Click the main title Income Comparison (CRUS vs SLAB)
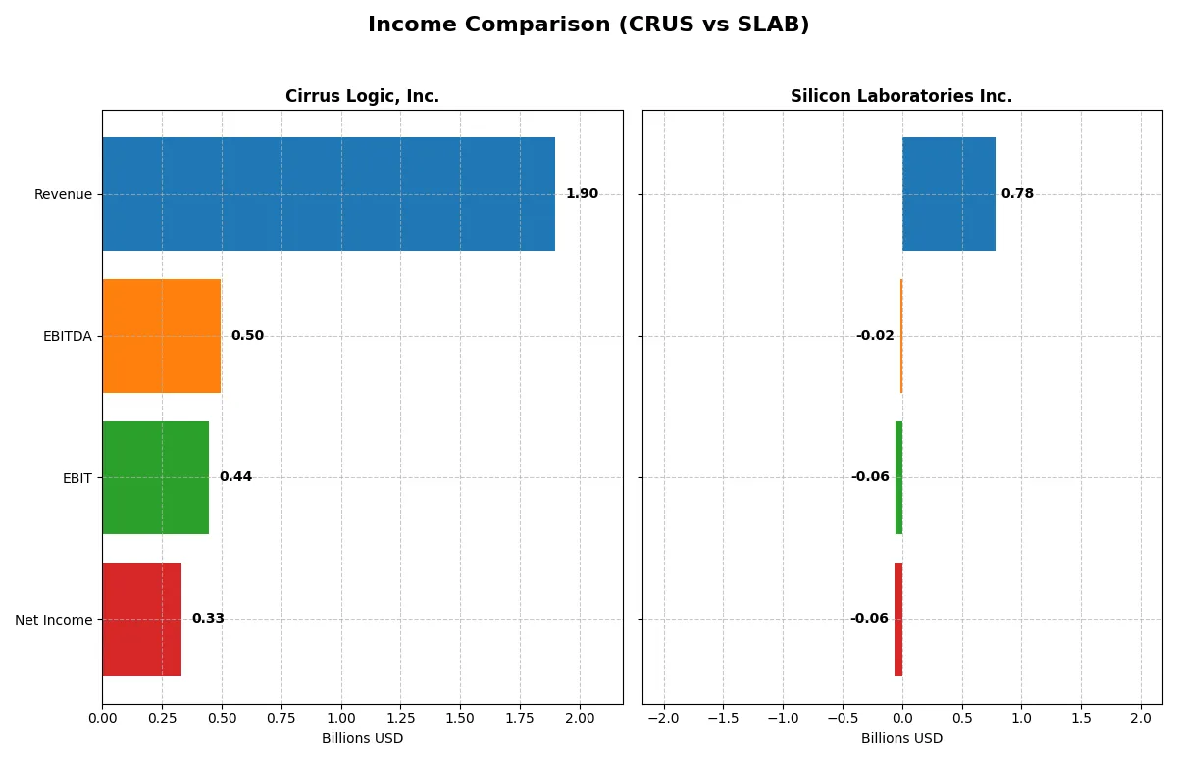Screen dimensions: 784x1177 [588, 25]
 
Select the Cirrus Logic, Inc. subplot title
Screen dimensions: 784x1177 [362, 96]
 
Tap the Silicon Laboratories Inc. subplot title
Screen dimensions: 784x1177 [901, 96]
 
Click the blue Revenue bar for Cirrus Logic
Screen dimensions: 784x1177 [329, 194]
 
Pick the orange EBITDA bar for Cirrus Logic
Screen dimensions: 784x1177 [161, 336]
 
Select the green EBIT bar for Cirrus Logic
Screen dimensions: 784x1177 [155, 477]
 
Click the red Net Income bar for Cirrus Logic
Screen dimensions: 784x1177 [141, 619]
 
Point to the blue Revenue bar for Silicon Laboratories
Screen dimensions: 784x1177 [948, 194]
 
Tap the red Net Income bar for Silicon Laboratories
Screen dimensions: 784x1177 [898, 619]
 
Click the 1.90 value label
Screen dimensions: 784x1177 [582, 194]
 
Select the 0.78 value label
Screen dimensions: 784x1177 [1017, 194]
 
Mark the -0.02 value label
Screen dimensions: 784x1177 [875, 336]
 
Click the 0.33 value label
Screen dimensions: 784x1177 [208, 619]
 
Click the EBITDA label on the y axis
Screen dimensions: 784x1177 [67, 336]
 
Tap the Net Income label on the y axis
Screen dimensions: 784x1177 [54, 619]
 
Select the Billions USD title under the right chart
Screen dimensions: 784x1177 [901, 739]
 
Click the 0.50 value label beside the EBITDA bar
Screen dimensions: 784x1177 [247, 336]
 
